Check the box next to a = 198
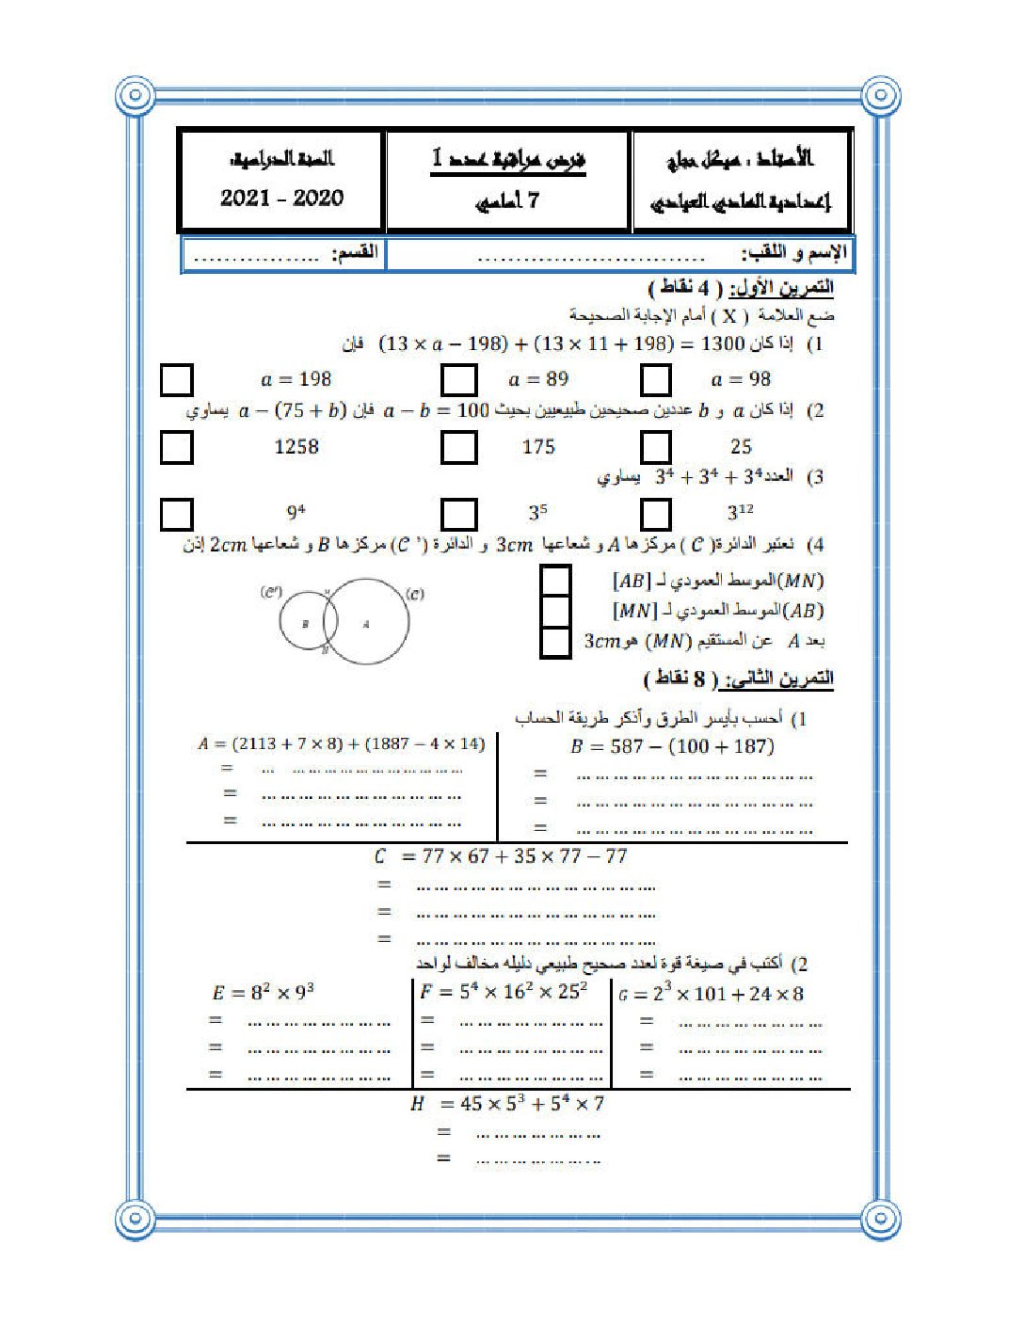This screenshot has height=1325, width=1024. click(176, 380)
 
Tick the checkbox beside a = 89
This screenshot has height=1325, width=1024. click(458, 380)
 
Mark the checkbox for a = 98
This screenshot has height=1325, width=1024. click(655, 380)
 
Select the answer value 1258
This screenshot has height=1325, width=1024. click(296, 447)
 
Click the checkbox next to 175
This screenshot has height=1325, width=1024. click(458, 447)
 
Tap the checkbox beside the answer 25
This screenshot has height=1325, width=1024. click(655, 447)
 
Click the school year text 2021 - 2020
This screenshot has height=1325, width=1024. click(281, 198)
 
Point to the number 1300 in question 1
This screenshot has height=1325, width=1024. click(723, 343)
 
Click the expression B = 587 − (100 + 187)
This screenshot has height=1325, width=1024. click(672, 747)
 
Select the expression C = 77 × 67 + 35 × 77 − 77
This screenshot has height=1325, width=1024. click(500, 856)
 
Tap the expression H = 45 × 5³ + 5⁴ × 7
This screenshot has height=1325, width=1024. click(506, 1103)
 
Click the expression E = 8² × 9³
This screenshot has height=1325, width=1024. click(263, 993)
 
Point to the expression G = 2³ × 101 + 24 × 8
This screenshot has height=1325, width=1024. click(712, 994)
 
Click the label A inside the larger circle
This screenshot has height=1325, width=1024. click(366, 623)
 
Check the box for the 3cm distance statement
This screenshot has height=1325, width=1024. click(555, 642)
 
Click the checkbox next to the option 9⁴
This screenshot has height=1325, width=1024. click(176, 514)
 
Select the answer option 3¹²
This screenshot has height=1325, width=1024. click(740, 513)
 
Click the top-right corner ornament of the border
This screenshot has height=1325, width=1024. click(881, 95)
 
